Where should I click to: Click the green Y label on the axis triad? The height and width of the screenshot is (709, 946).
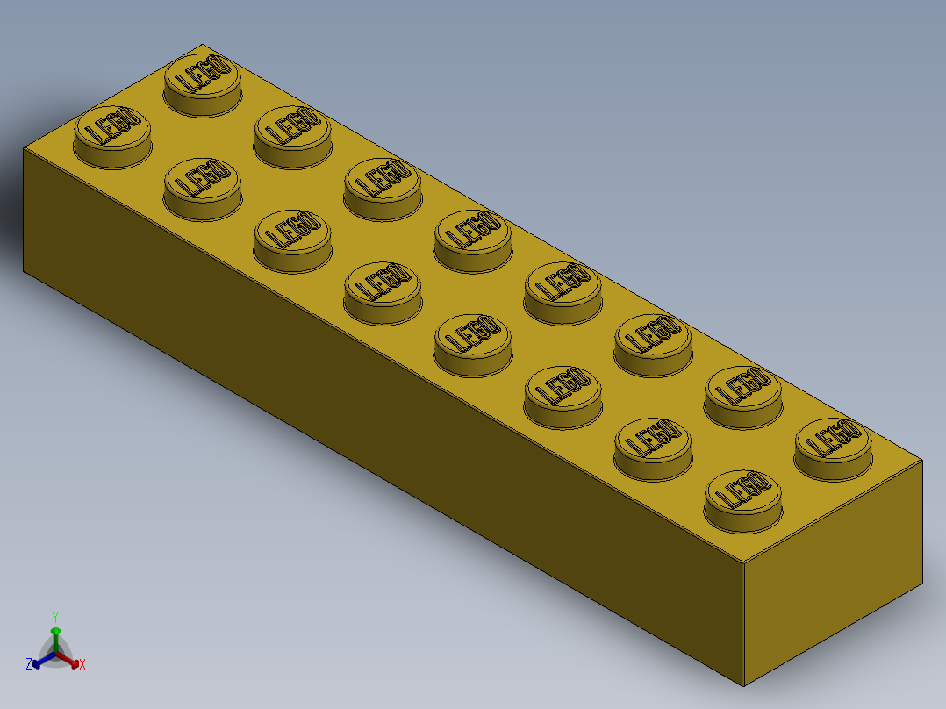(x=54, y=616)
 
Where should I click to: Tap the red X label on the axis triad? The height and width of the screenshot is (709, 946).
(x=82, y=664)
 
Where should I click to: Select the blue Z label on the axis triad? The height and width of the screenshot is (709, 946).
(x=29, y=664)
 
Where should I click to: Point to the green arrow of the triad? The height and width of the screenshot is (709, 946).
(x=55, y=634)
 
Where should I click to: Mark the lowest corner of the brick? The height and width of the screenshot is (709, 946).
(x=744, y=685)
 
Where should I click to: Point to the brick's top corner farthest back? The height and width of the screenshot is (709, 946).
(x=203, y=44)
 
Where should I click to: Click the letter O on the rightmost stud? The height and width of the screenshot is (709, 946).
(x=849, y=430)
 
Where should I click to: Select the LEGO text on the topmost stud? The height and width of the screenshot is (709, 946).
(x=203, y=75)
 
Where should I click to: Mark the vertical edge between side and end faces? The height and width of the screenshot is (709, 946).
(x=744, y=623)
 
